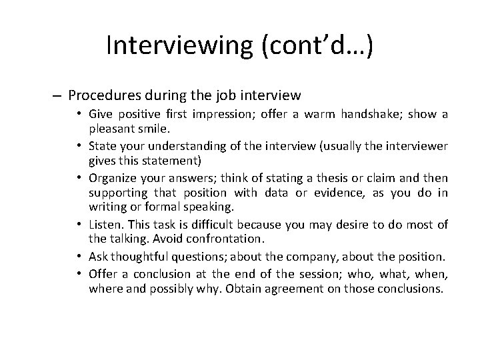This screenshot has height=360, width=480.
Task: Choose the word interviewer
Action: coord(417,145)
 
